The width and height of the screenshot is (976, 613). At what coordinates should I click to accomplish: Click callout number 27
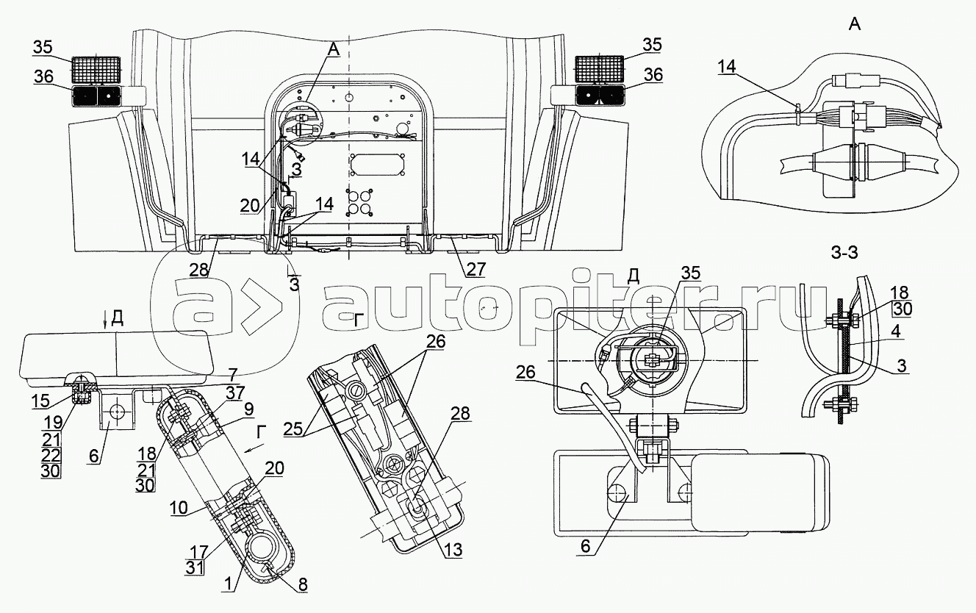pyautogui.click(x=476, y=269)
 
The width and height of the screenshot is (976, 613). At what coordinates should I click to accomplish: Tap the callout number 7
pyautogui.click(x=233, y=374)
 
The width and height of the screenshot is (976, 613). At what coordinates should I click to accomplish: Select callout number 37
pyautogui.click(x=235, y=392)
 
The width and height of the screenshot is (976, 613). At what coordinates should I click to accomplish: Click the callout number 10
pyautogui.click(x=179, y=507)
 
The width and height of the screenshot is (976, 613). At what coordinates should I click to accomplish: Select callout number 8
pyautogui.click(x=302, y=584)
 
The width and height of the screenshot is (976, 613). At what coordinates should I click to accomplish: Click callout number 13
pyautogui.click(x=453, y=550)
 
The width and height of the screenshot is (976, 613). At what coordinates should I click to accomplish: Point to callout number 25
pyautogui.click(x=293, y=429)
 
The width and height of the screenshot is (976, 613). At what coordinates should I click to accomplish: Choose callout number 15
pyautogui.click(x=40, y=401)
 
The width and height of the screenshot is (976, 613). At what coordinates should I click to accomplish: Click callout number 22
pyautogui.click(x=50, y=455)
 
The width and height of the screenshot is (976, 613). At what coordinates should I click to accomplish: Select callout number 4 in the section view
pyautogui.click(x=895, y=331)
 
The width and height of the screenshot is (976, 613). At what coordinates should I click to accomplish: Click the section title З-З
pyautogui.click(x=844, y=253)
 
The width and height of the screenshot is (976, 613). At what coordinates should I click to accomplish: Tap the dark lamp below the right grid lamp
pyautogui.click(x=601, y=96)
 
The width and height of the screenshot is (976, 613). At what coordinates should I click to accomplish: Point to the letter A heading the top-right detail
pyautogui.click(x=855, y=24)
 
